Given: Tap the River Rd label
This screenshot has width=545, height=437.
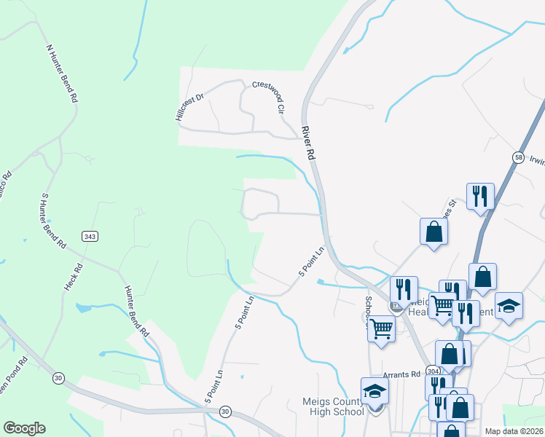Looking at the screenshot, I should (309, 143).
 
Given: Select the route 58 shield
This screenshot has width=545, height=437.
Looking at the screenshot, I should (518, 157).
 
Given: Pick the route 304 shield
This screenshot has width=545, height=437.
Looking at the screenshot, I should (433, 369).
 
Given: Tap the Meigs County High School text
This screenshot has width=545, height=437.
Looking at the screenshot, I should (333, 406).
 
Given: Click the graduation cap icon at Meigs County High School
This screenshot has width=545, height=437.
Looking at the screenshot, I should (375, 392).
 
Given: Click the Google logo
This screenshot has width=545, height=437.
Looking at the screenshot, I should (24, 428).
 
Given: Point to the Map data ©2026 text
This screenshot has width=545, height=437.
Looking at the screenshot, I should (514, 431).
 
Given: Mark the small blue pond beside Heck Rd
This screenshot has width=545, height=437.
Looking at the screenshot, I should (82, 308).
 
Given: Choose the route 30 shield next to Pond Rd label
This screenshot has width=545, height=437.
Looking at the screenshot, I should (57, 378).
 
